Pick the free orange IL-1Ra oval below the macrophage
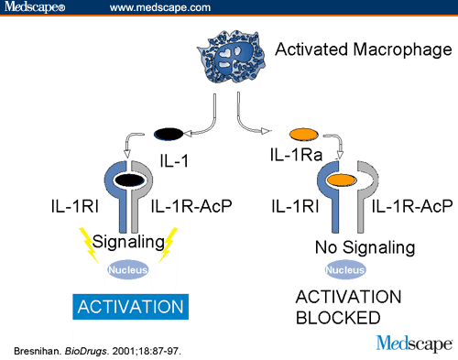[300, 133]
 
